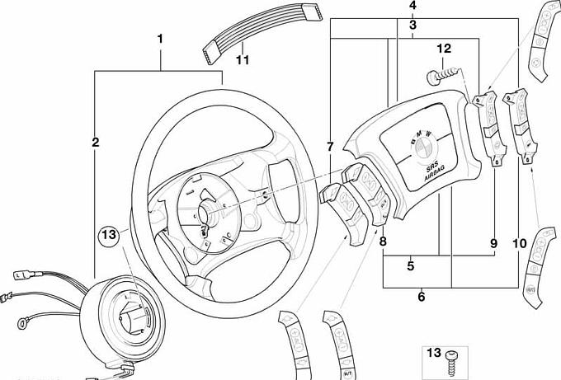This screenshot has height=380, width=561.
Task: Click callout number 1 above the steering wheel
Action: click(x=160, y=39)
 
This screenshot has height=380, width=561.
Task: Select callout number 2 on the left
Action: click(x=96, y=143)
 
